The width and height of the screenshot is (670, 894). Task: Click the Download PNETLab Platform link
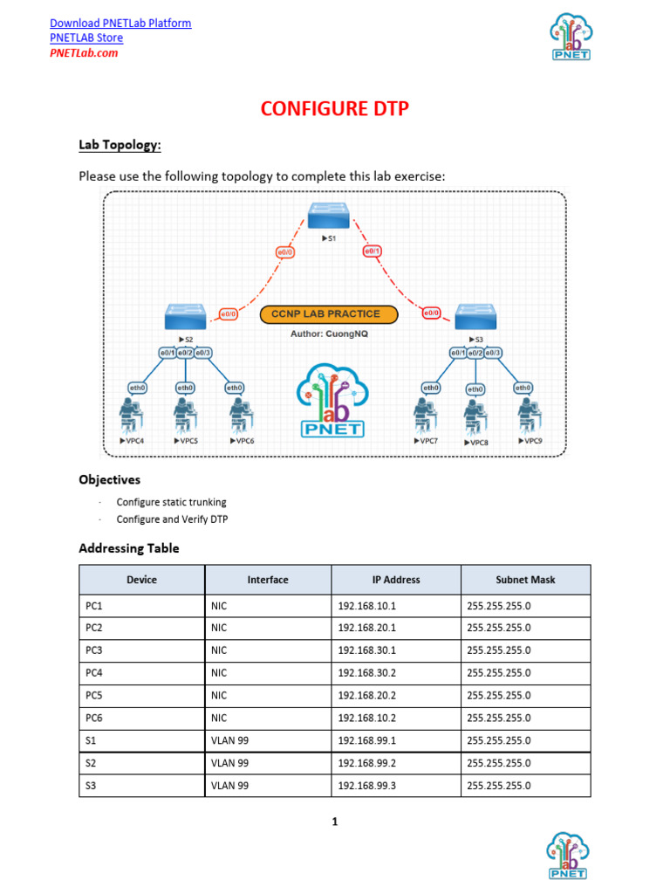[x=120, y=23]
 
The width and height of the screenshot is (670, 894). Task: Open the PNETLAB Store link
[x=86, y=38]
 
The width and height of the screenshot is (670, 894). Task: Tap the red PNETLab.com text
[x=84, y=52]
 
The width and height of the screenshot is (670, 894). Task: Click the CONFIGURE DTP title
[x=335, y=109]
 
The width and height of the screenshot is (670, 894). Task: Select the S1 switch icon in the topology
[x=328, y=215]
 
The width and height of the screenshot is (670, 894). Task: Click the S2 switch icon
[x=185, y=316]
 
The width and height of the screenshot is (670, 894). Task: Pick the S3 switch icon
[x=475, y=317]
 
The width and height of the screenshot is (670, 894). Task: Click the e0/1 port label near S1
[x=373, y=252]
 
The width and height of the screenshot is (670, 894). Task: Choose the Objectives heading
[x=109, y=479]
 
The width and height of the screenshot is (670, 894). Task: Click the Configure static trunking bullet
[x=171, y=502]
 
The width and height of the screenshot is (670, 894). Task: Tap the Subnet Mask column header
[x=525, y=580]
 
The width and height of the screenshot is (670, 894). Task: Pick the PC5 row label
[x=94, y=695]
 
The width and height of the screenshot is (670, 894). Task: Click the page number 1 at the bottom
[x=334, y=822]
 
